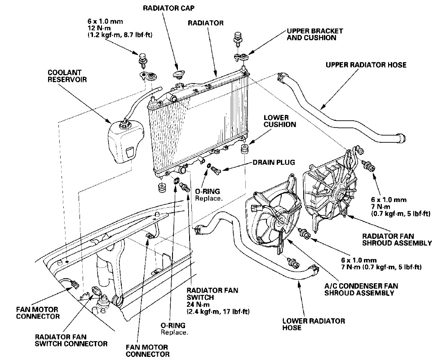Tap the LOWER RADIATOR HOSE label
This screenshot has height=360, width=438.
coord(314,325)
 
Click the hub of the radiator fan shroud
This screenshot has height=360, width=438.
coord(338,194)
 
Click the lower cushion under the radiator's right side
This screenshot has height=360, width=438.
coord(245,149)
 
